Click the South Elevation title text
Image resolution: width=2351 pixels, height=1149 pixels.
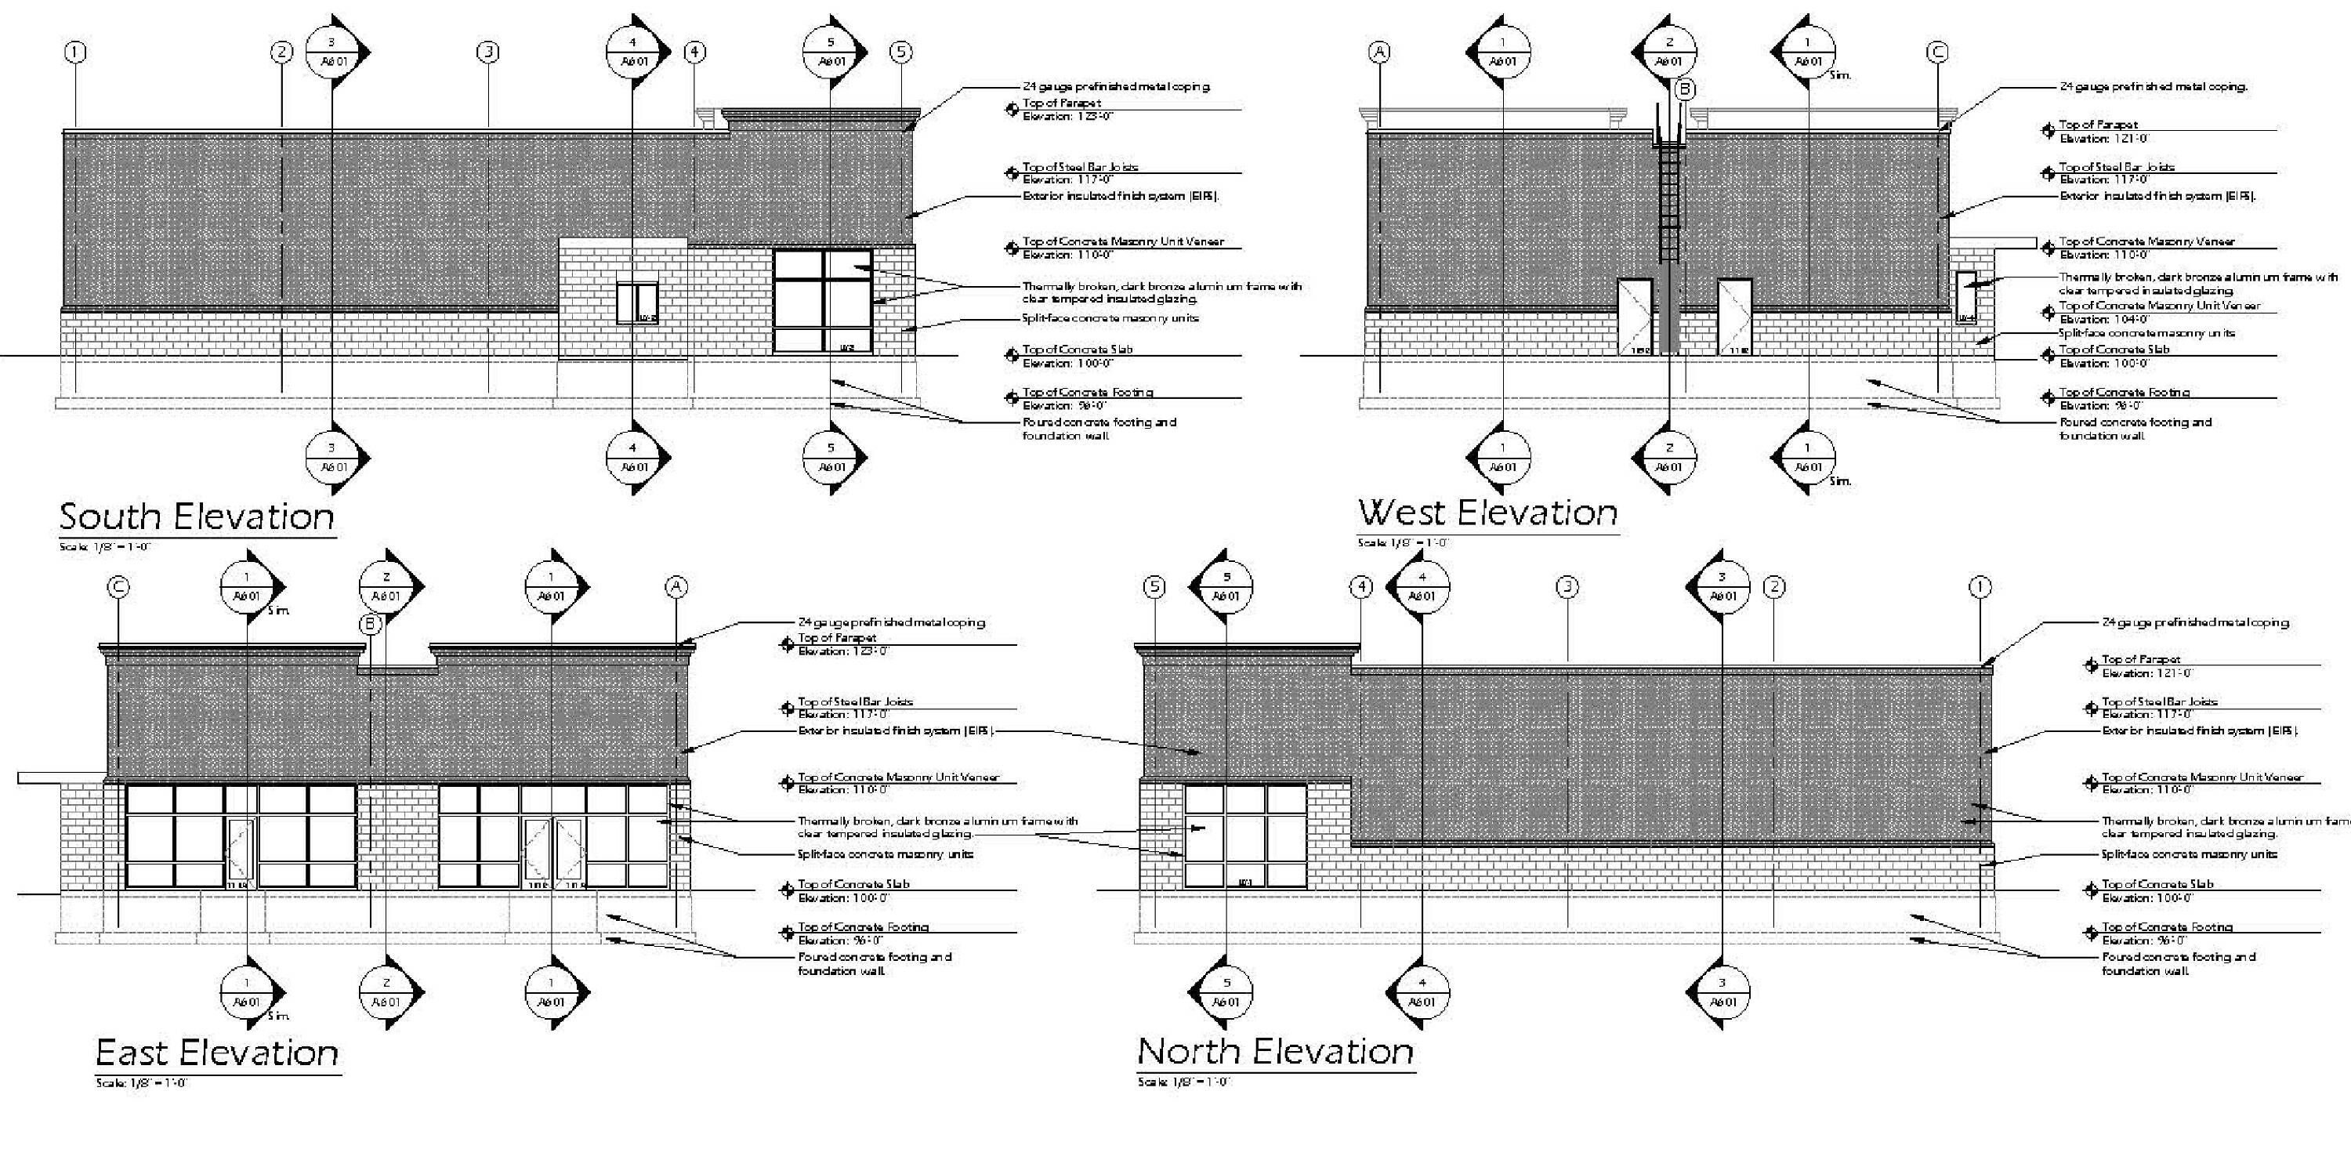(x=197, y=517)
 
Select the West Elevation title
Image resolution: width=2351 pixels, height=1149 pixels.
(x=1487, y=513)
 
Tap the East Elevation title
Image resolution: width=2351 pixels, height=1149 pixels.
(x=217, y=1053)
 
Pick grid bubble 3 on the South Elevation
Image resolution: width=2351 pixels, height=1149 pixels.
(x=488, y=52)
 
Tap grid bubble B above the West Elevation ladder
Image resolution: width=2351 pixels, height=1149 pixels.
(x=1685, y=89)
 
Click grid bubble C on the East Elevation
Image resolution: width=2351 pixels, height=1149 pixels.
(x=118, y=587)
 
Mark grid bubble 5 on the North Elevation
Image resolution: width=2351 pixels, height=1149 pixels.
(x=1154, y=587)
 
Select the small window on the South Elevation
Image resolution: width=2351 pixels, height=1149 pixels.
(x=637, y=303)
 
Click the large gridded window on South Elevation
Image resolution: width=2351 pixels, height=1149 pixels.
(x=823, y=301)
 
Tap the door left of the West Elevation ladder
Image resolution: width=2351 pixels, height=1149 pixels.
(x=1635, y=317)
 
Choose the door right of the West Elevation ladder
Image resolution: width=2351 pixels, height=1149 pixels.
(x=1734, y=317)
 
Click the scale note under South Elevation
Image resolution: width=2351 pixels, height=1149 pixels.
(x=105, y=546)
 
